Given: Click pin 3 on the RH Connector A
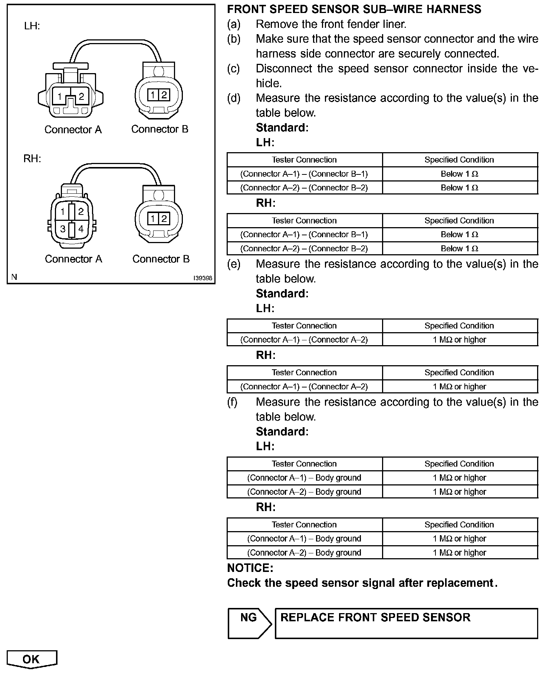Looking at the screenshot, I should tap(63, 229).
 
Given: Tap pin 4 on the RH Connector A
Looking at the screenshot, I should tap(80, 229).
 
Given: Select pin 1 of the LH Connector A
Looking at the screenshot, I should tap(59, 97).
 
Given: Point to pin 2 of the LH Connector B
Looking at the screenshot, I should tap(164, 95).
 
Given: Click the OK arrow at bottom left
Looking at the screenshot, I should tap(32, 659).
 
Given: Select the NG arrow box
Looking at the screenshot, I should tap(249, 623).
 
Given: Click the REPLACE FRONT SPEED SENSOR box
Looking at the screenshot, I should tap(406, 623).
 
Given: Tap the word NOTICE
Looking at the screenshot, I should tap(250, 568).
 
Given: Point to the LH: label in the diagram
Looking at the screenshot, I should tap(32, 26).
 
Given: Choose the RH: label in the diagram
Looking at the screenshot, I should tap(32, 158).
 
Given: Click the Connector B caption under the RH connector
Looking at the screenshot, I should tap(161, 259).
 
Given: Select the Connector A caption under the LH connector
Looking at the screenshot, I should tap(73, 130).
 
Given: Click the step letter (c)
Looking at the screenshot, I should tap(234, 69).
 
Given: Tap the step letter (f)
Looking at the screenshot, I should tap(232, 402).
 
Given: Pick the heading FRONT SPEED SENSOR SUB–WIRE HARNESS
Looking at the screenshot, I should tap(354, 9).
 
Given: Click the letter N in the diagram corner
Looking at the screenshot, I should tap(14, 277).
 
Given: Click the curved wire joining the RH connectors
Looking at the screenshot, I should tap(115, 164).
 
